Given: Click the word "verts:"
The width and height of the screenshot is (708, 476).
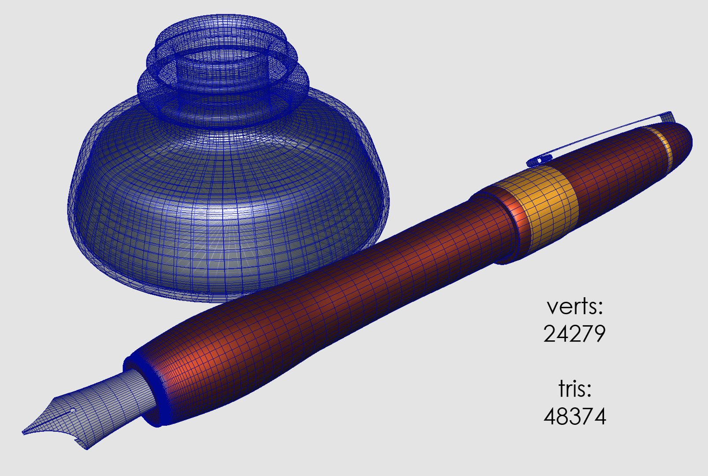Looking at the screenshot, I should coord(575,306).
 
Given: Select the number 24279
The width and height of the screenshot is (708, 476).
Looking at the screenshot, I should coord(575,334).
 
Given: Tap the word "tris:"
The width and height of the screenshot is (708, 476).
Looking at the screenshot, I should coord(575,389).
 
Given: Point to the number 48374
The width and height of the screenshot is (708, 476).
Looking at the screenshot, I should coord(575,416).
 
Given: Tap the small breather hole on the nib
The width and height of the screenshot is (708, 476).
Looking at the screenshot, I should coord(73,411).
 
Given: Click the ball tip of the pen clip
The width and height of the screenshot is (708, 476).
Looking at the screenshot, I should coord(541,160).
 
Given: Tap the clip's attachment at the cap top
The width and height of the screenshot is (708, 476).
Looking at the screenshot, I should coord(668,117).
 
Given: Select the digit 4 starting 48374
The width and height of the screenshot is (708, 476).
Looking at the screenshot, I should coord(551,416).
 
